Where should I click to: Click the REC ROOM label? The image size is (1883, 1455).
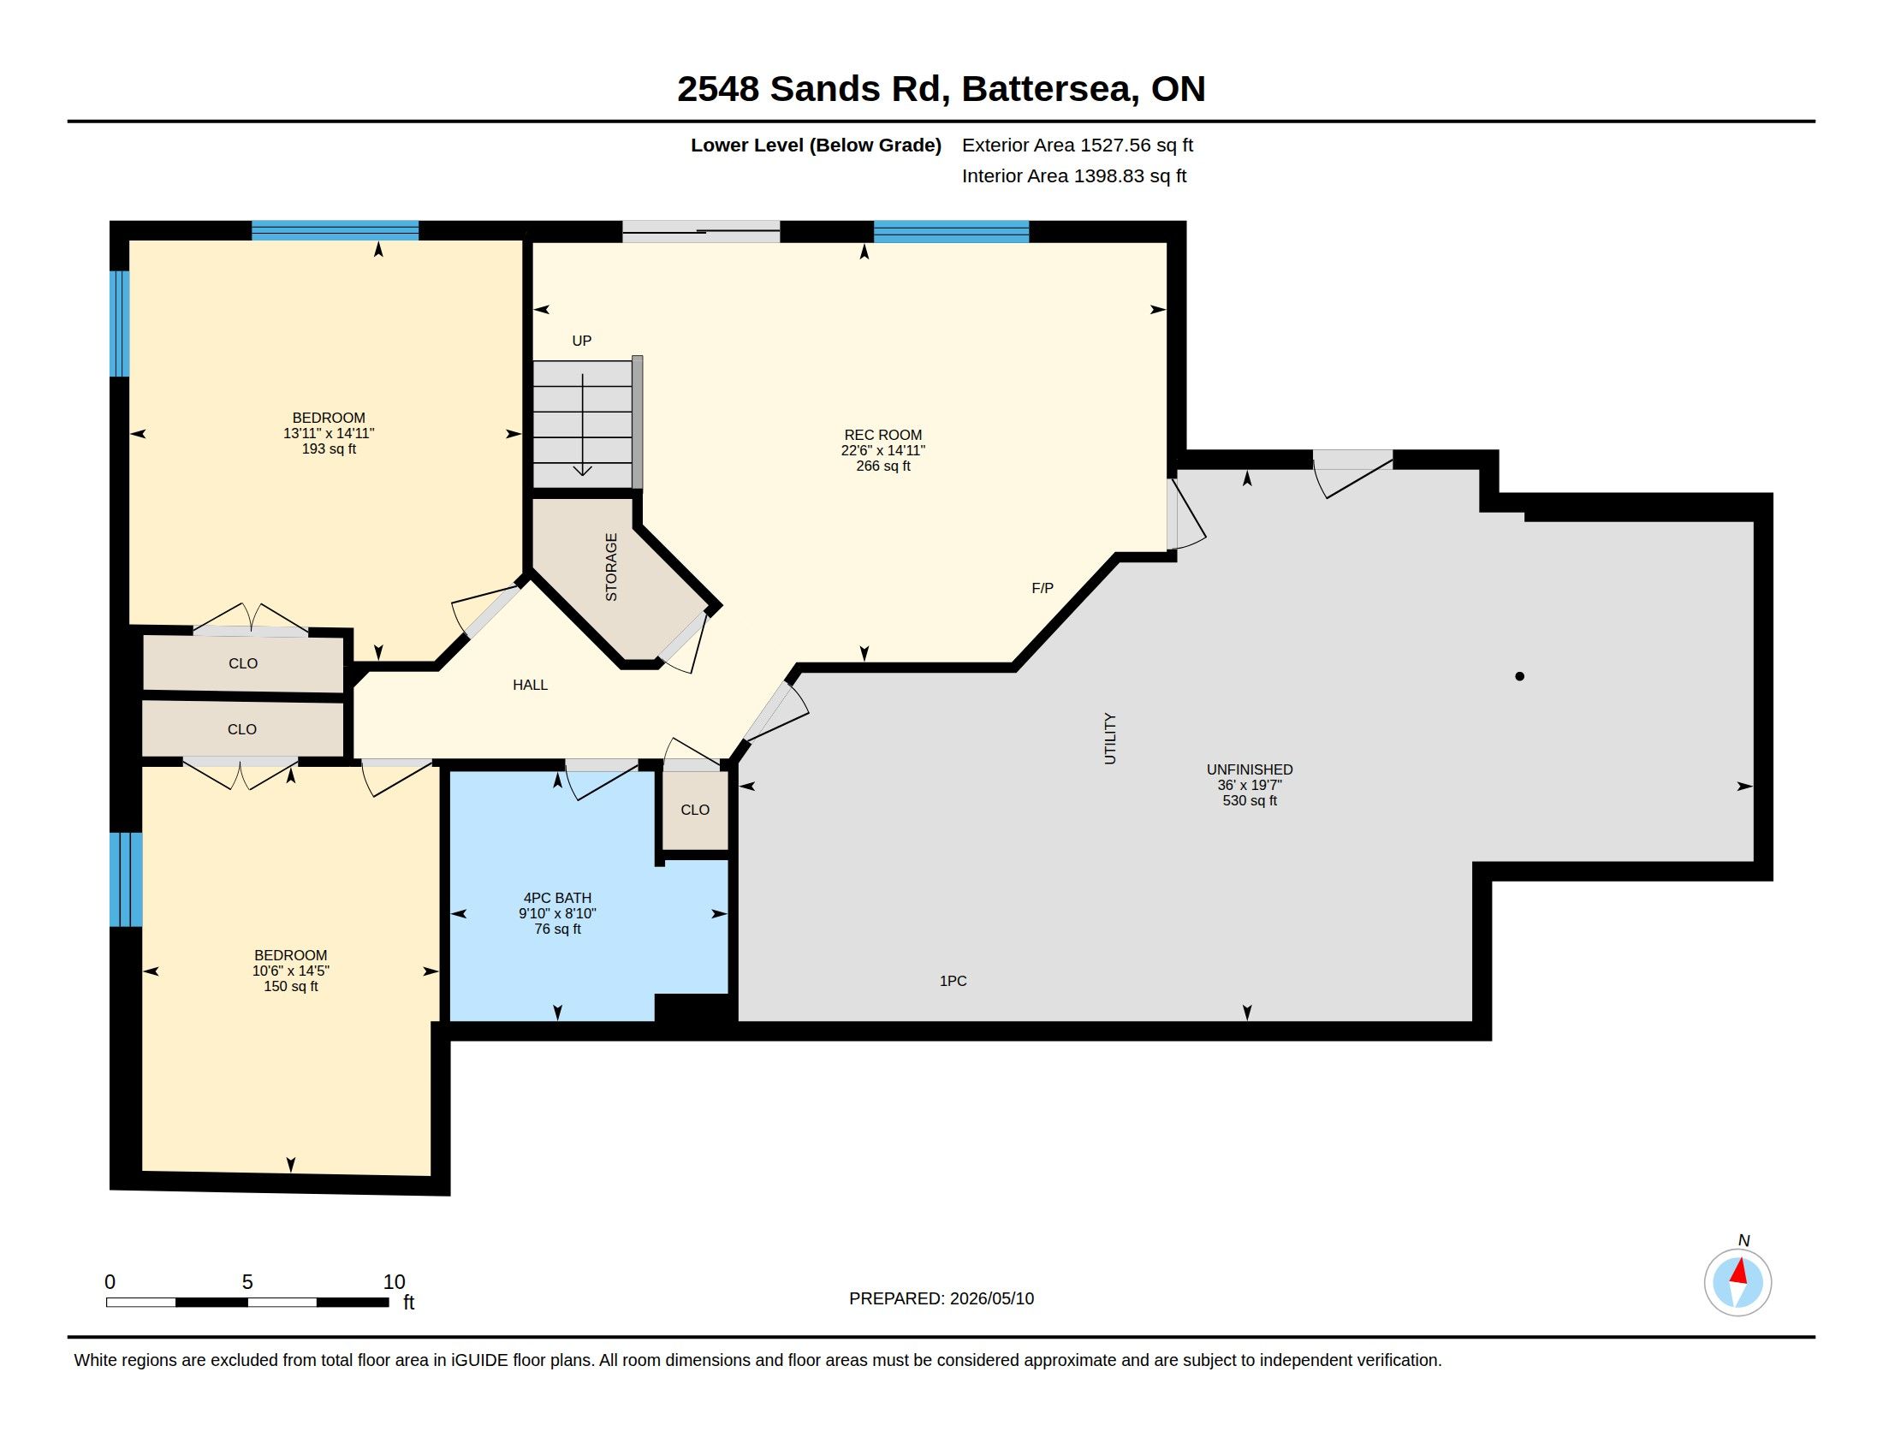coord(883,436)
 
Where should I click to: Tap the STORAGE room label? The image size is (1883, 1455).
coord(611,567)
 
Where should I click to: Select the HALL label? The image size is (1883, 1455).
coord(531,686)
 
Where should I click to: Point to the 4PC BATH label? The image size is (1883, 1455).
coord(557,898)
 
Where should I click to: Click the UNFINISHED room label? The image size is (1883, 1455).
coord(1250,769)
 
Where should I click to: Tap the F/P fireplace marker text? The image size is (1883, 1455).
coord(1042,589)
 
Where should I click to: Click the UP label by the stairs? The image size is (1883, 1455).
coord(582,341)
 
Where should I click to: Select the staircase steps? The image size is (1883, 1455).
coord(583,424)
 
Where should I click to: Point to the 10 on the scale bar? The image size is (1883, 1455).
coord(394,1283)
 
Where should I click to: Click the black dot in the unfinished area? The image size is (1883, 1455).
coord(1519,677)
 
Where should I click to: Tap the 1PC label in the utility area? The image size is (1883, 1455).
coord(953,981)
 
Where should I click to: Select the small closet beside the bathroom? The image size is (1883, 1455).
coord(695,811)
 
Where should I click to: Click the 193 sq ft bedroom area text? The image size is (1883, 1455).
coord(329,449)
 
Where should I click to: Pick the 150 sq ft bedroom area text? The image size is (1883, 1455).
coord(290,987)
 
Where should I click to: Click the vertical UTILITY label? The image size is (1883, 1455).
coord(1109,739)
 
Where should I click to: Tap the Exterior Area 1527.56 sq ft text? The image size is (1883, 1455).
coord(1078,145)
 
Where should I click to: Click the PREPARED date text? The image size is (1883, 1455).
coord(941,1299)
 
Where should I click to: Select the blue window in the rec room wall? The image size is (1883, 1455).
coord(951,232)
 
